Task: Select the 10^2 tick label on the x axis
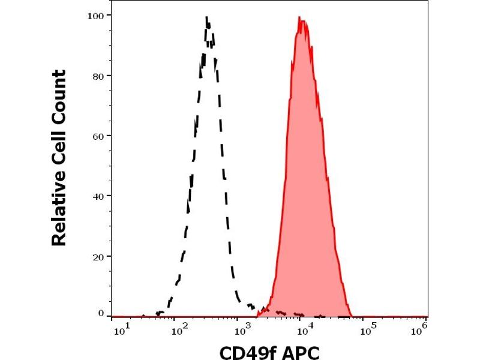178,328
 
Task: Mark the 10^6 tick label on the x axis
422,328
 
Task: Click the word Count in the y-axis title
59,96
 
